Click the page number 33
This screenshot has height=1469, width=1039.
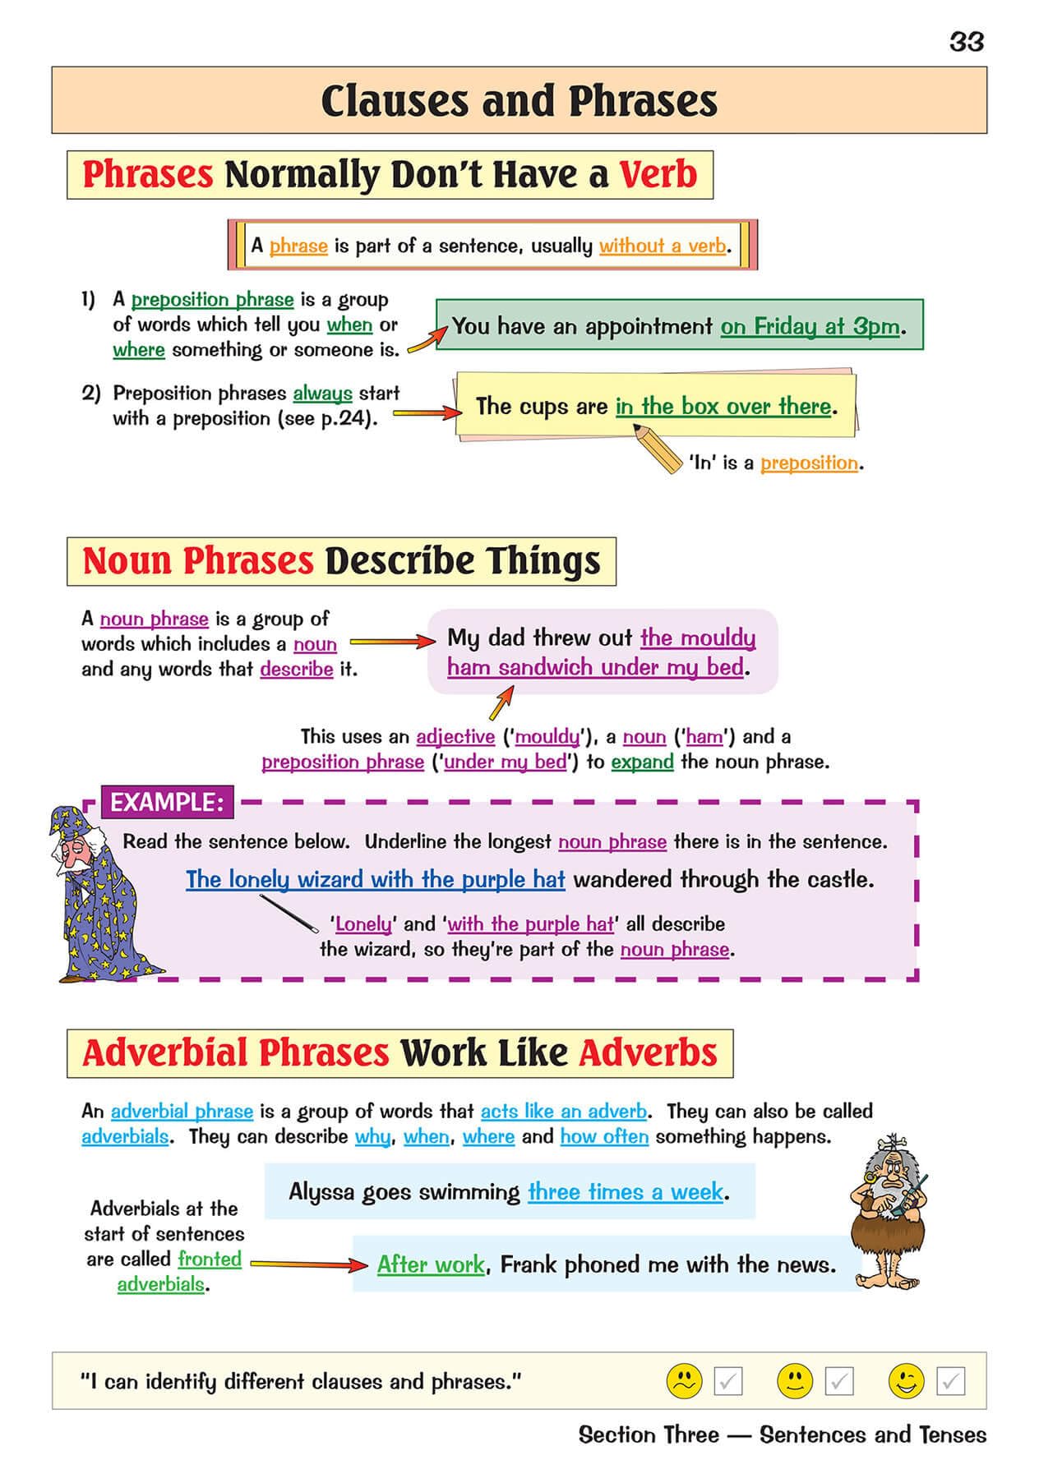[x=966, y=41]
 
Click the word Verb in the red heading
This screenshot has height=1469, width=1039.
[x=658, y=174]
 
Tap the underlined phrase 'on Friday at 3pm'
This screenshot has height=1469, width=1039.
[x=810, y=326]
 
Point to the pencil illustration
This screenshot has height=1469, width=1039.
[x=658, y=447]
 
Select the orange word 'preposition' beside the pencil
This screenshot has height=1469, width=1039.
[x=809, y=463]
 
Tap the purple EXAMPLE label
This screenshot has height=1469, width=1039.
[x=167, y=802]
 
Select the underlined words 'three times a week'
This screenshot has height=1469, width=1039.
[x=626, y=1191]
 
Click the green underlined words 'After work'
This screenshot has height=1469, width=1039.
[x=431, y=1264]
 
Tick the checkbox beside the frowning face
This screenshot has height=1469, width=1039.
[x=728, y=1381]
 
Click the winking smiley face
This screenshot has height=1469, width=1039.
[x=906, y=1380]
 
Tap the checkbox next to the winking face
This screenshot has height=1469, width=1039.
[x=950, y=1381]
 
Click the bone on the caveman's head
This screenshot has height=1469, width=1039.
[x=892, y=1143]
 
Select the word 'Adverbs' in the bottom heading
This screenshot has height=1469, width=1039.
[x=648, y=1052]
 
